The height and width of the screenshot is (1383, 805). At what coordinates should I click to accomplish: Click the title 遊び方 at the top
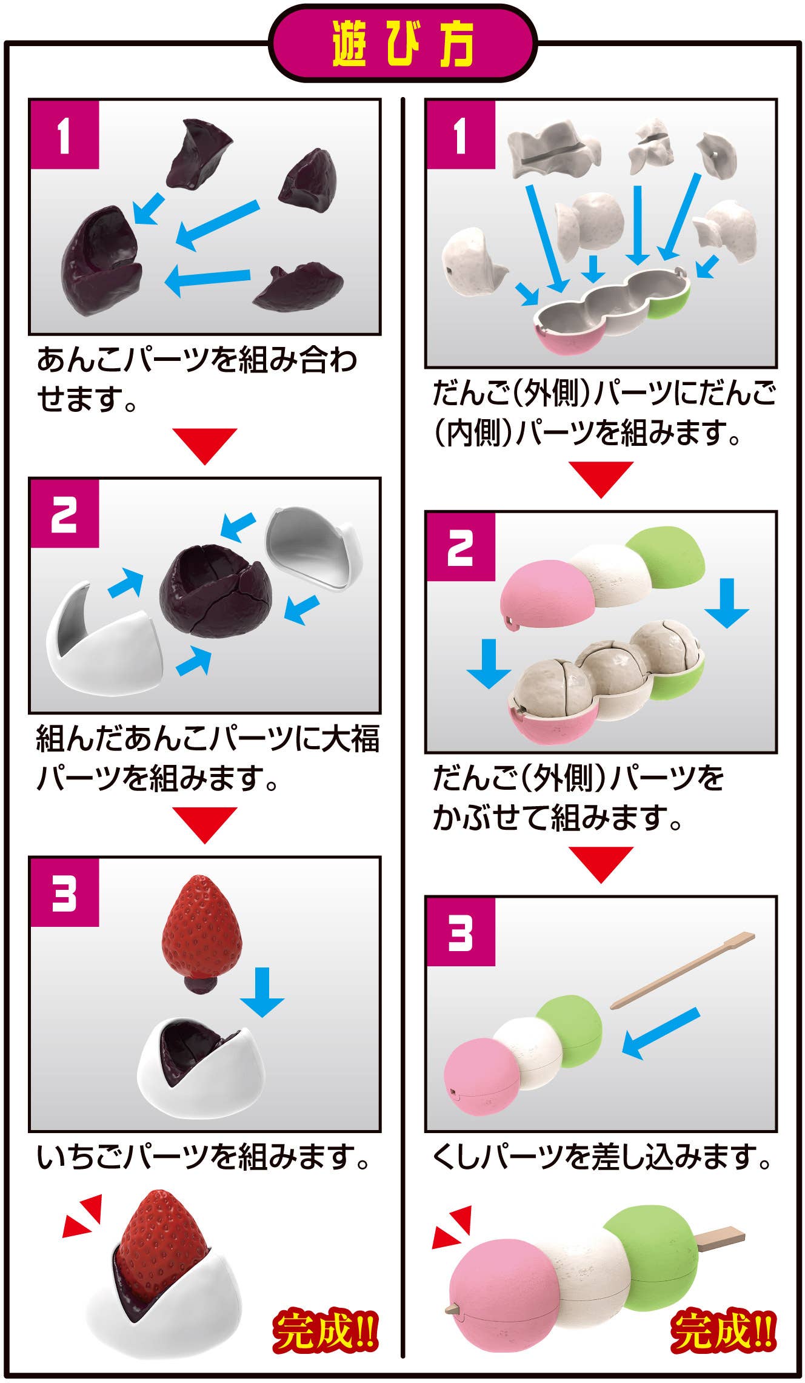click(x=402, y=45)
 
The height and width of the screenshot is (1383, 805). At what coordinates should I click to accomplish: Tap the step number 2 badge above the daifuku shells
click(x=64, y=513)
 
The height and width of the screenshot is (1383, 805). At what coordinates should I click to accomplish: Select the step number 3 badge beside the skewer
click(x=461, y=932)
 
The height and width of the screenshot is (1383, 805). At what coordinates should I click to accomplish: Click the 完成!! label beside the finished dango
click(x=723, y=1334)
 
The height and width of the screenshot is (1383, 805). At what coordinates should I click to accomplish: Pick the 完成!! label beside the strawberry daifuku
click(x=325, y=1334)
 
